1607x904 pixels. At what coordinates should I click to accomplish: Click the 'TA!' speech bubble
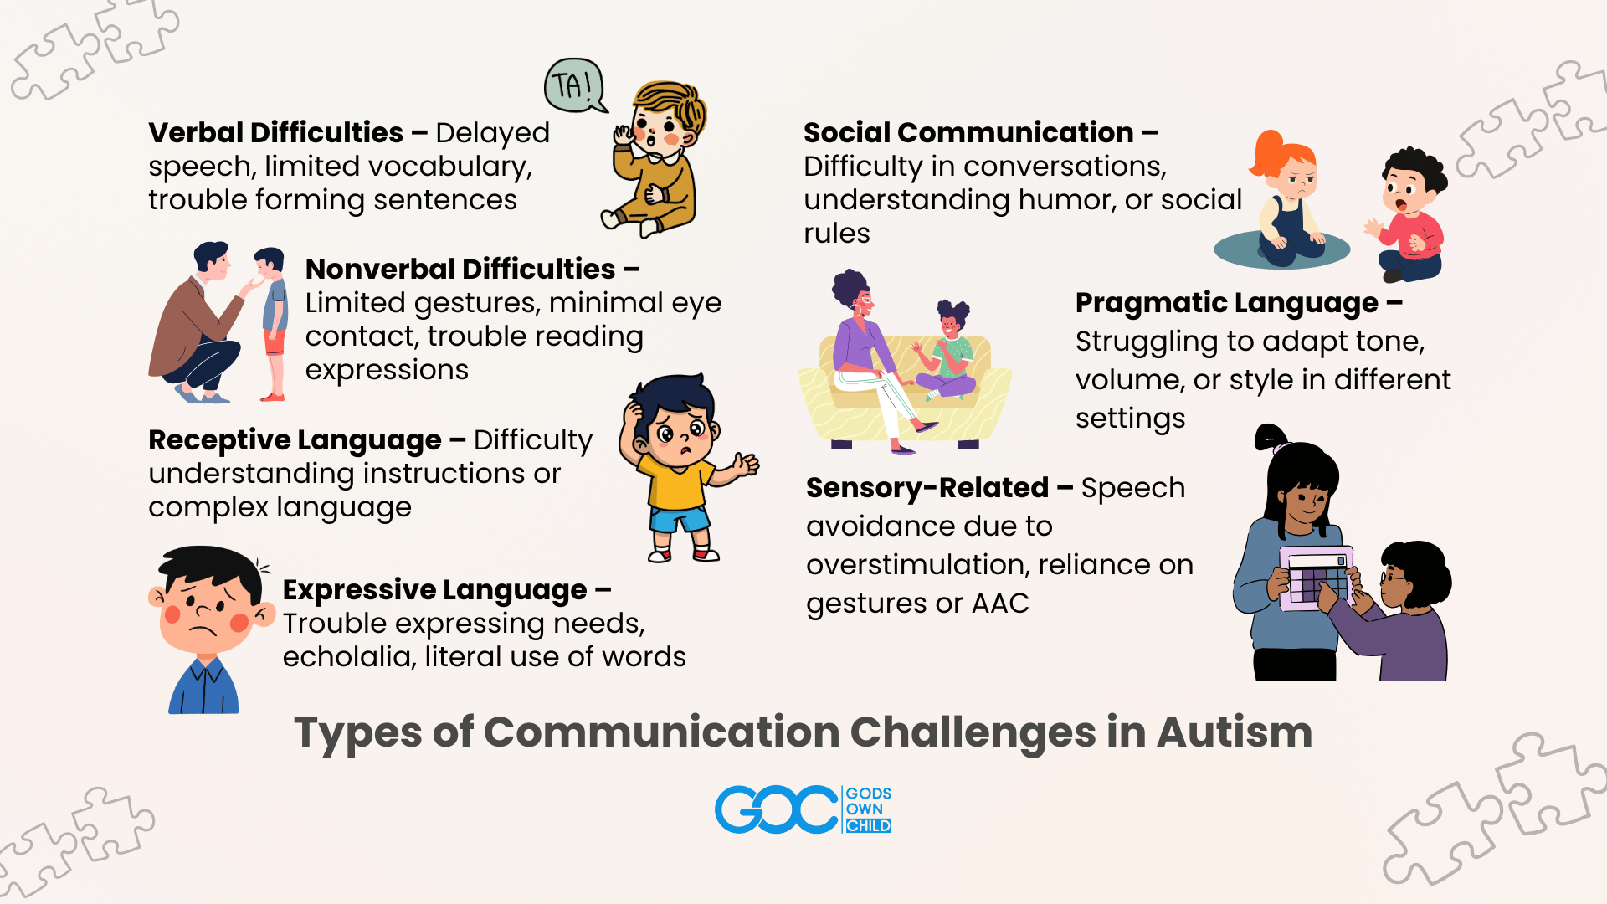574,85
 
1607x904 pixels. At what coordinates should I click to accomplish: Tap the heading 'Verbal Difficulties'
275,132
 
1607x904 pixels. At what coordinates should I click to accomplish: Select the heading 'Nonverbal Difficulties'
460,269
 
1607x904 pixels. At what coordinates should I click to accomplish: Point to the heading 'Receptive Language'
295,440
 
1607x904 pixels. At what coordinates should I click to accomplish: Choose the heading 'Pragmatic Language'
1226,303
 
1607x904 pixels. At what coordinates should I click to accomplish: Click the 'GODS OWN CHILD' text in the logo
868,809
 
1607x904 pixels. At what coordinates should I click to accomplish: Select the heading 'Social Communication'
968,132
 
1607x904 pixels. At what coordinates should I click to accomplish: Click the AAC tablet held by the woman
1316,578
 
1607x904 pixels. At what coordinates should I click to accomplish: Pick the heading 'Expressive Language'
434,590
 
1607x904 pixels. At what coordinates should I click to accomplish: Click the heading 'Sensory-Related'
927,488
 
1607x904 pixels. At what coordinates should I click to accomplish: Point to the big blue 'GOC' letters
776,809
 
